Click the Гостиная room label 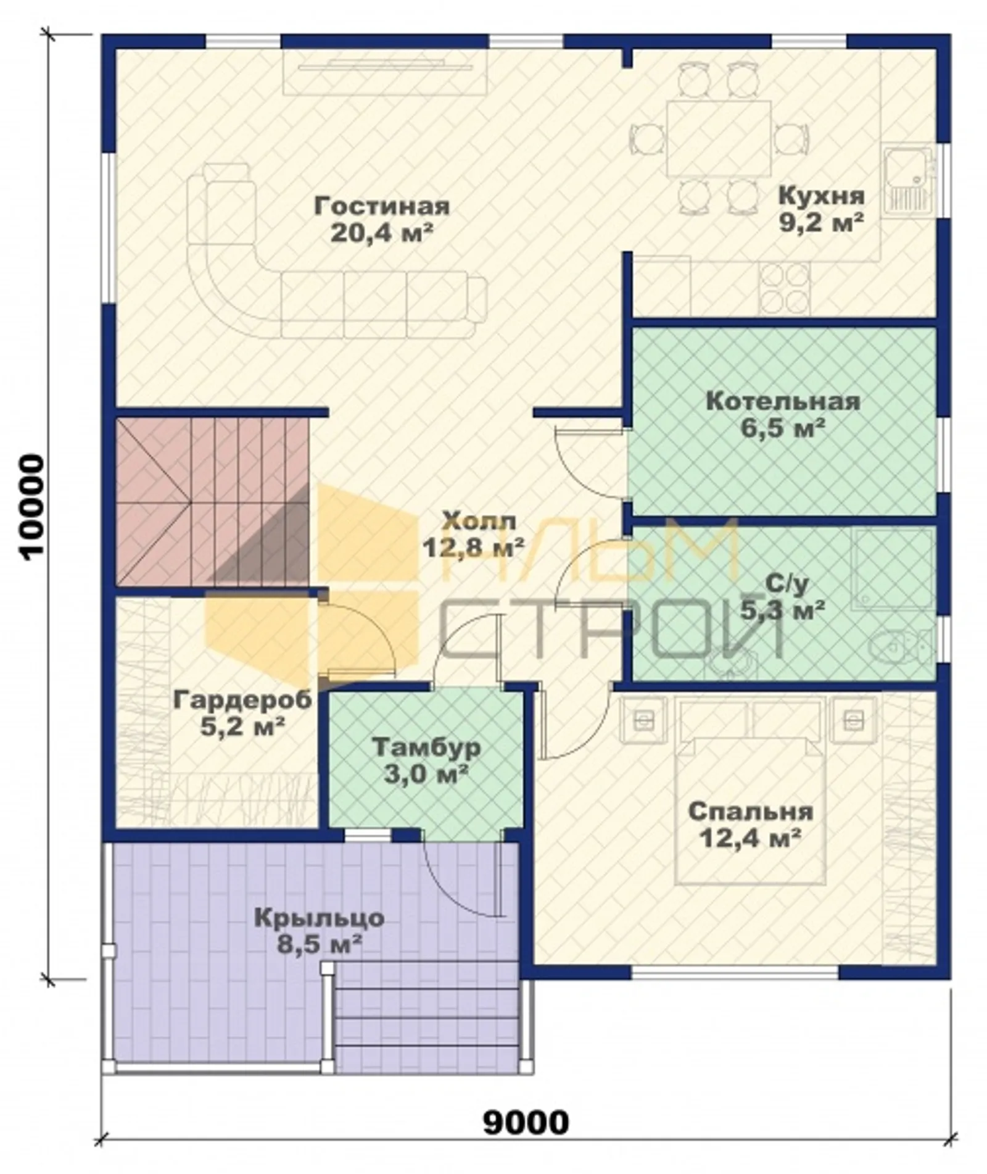coord(382,206)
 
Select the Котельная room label coord(783,401)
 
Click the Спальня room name coord(750,811)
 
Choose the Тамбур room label coord(426,747)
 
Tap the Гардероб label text coord(242,700)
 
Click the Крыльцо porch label coord(319,918)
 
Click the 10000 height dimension coord(32,507)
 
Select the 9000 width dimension coord(526,1123)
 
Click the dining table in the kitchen coord(719,138)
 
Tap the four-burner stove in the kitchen coord(784,288)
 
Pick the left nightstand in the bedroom coord(643,720)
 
